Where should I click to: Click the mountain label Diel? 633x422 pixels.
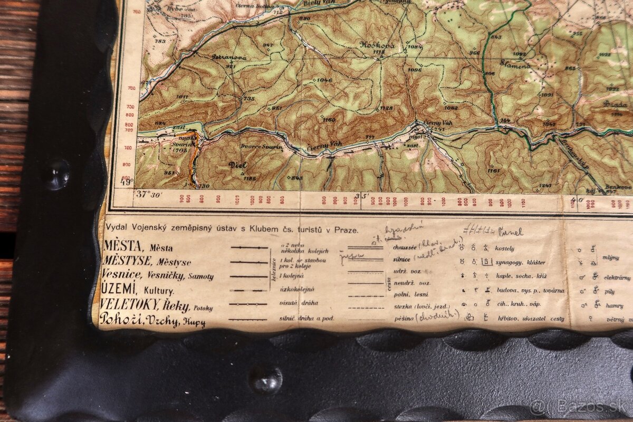tap(238, 165)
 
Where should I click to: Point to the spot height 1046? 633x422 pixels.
tap(324, 80)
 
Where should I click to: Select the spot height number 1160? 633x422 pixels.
tap(328, 120)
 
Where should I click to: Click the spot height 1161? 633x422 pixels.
tap(494, 170)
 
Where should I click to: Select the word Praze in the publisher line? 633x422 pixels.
tap(346, 230)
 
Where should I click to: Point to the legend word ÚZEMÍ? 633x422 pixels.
tap(120, 289)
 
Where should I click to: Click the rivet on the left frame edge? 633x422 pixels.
tap(56, 174)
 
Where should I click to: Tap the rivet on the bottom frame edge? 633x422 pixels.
tap(266, 379)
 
